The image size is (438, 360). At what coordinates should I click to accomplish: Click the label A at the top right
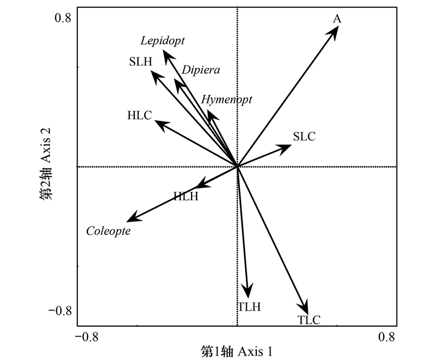[x=337, y=19]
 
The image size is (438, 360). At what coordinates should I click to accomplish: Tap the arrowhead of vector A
[x=336, y=30]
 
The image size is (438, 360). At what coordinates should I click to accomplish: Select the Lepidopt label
[x=163, y=40]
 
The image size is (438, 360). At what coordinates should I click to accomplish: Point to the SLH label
[x=141, y=61]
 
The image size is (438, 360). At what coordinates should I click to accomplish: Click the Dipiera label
[x=201, y=70]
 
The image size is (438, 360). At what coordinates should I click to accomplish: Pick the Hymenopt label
[x=227, y=99]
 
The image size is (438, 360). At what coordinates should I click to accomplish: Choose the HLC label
[x=139, y=115]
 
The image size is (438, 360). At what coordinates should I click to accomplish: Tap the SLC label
[x=304, y=137]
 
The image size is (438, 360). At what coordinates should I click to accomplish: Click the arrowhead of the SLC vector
[x=286, y=147]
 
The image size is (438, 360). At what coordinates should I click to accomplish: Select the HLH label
[x=186, y=196]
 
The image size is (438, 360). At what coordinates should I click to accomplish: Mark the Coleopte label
[x=108, y=231]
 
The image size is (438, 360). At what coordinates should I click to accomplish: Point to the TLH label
[x=249, y=306]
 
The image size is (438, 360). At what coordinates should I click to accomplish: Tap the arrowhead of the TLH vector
[x=249, y=293]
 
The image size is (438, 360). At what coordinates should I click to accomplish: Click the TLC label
[x=309, y=321]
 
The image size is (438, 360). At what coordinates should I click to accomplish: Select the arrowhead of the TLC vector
[x=306, y=308]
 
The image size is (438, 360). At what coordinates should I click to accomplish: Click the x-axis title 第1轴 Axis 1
[x=237, y=351]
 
